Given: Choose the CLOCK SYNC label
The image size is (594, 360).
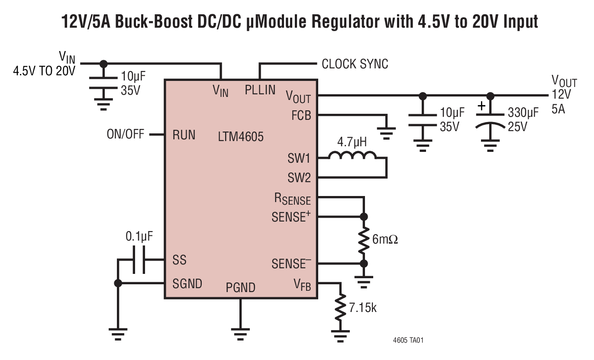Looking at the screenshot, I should [355, 64].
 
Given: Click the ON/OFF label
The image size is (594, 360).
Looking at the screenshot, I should [126, 135].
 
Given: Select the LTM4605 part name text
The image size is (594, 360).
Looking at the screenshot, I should [240, 137].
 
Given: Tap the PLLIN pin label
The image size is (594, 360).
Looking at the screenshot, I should [260, 90].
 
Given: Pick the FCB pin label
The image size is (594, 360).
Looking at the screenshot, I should [301, 116].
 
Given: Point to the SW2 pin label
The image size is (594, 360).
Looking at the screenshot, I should [299, 177].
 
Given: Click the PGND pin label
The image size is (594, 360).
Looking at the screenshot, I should [240, 287].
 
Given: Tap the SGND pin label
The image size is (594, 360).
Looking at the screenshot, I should [187, 283].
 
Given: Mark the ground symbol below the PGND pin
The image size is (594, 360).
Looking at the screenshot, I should [241, 333].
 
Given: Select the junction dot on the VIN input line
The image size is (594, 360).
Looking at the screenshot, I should [103, 64].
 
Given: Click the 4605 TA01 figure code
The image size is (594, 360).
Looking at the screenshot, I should [408, 341].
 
